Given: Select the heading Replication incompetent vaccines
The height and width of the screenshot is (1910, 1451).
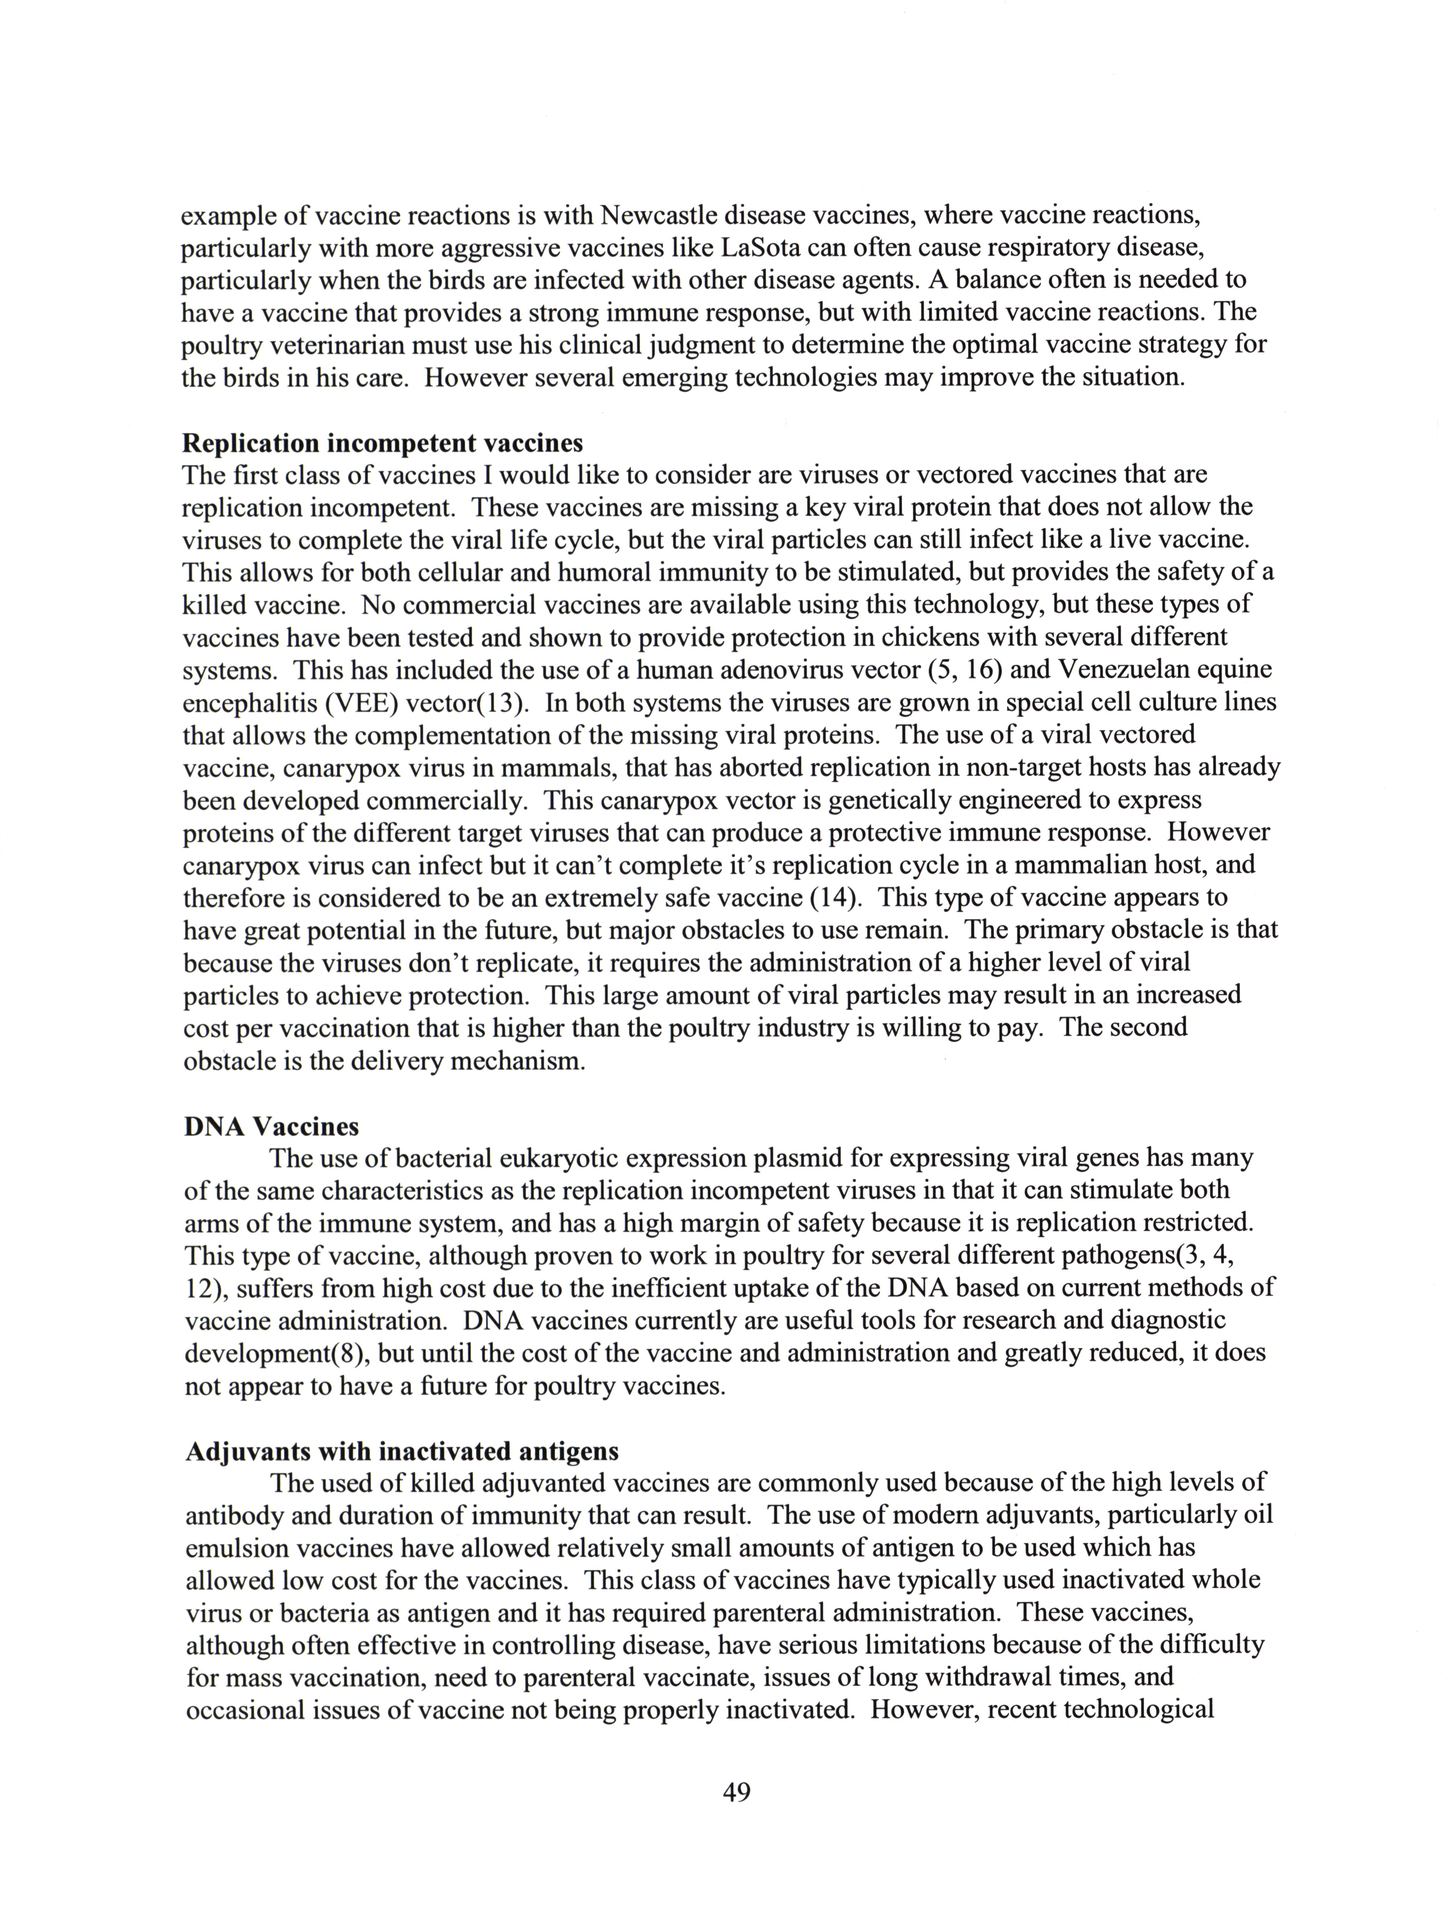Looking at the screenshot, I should coord(383,443).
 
